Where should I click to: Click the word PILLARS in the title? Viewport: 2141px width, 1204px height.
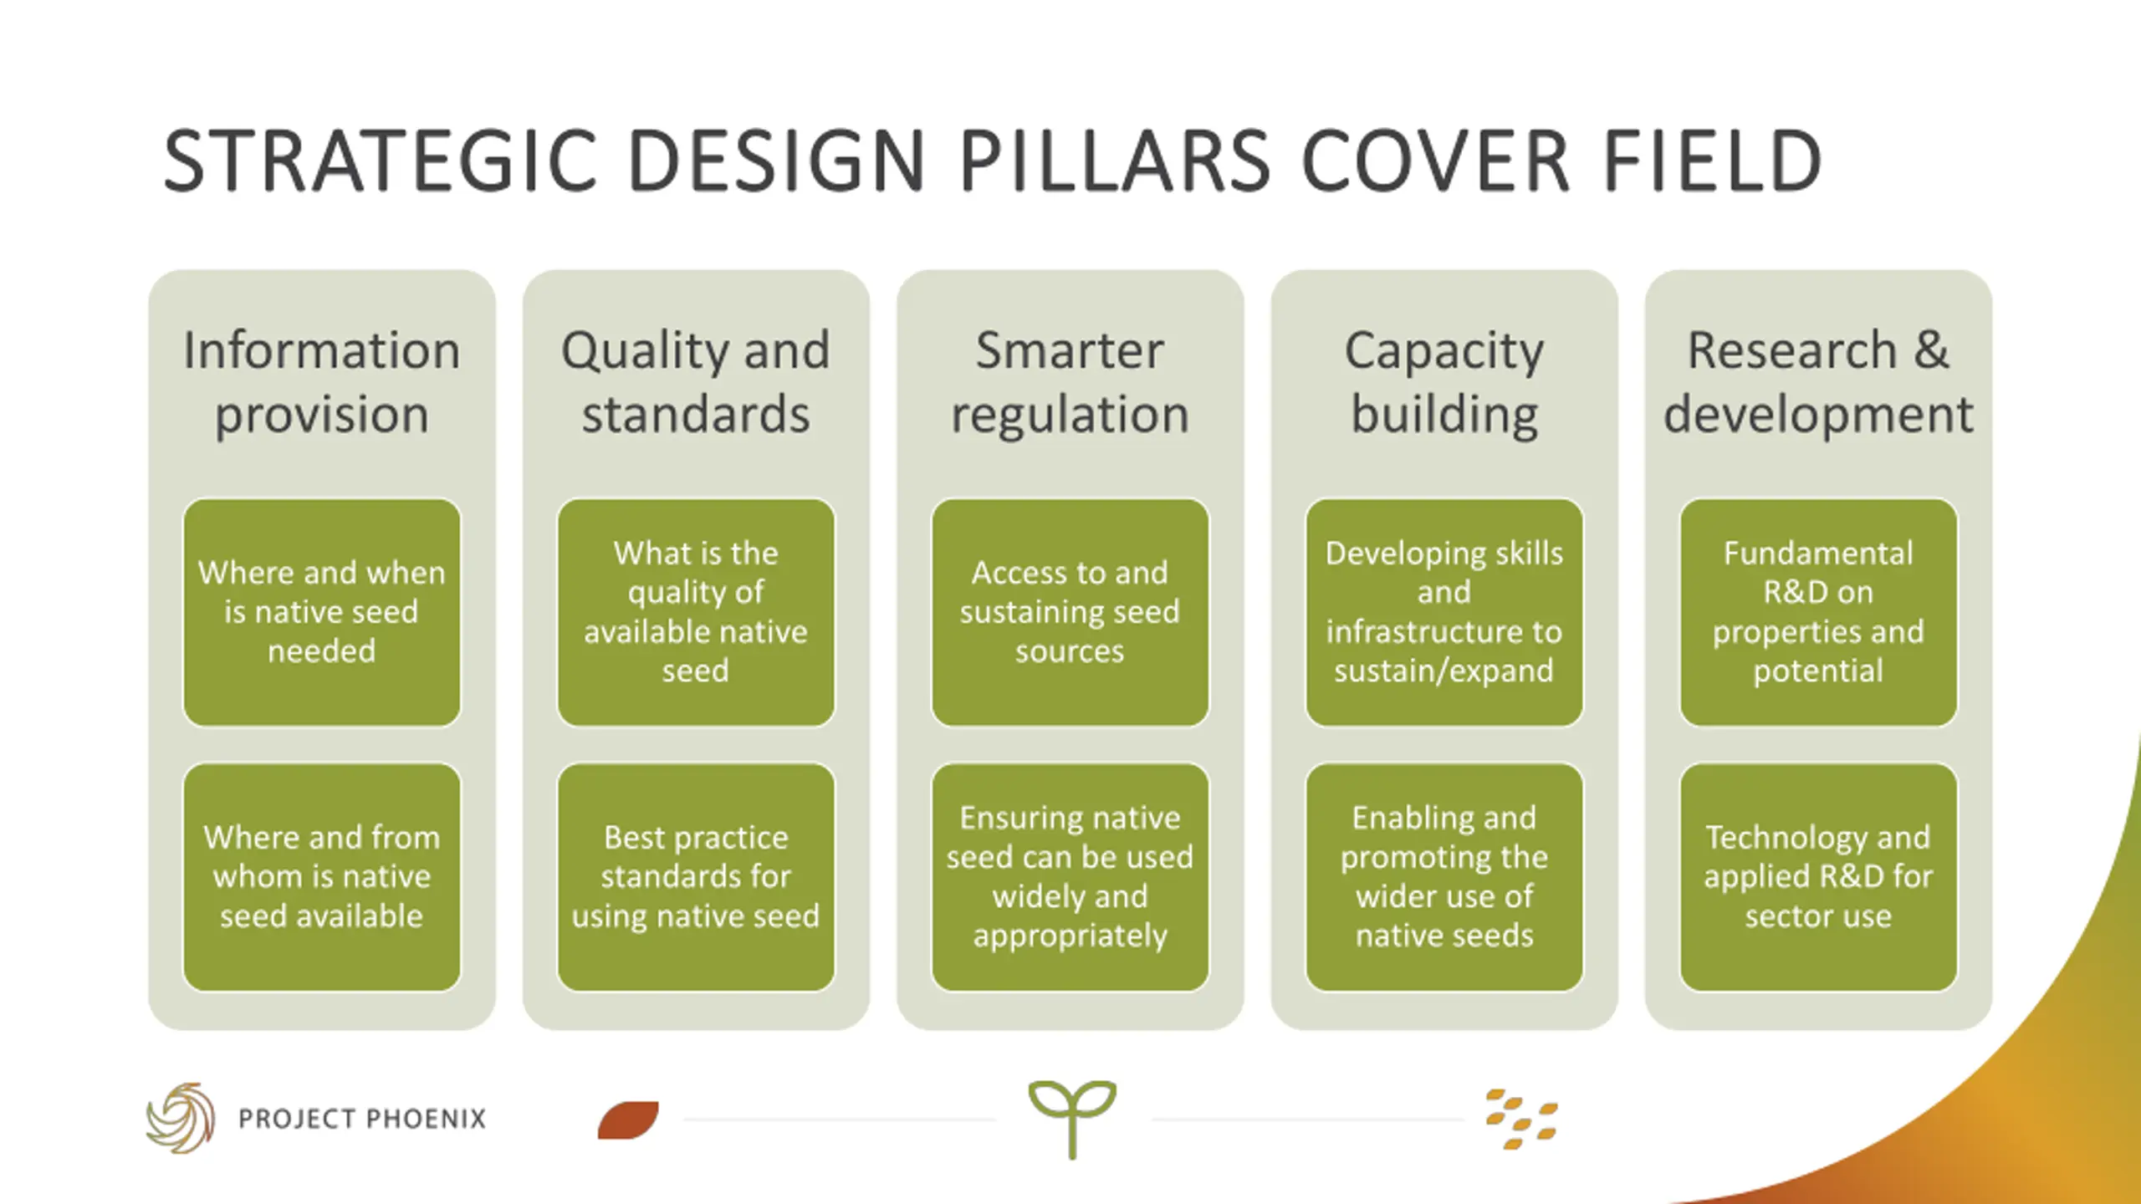point(1115,161)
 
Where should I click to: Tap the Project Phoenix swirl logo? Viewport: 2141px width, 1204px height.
point(181,1118)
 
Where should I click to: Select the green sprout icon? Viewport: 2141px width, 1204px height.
point(1072,1116)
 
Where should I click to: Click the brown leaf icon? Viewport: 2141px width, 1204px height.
point(628,1120)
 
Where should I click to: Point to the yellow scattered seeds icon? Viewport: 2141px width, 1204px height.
point(1521,1120)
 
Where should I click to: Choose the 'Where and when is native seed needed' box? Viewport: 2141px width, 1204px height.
point(322,612)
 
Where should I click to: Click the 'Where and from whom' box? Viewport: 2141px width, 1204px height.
point(322,876)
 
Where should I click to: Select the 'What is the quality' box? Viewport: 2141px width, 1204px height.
point(696,612)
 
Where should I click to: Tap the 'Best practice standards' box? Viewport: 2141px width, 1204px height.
point(696,876)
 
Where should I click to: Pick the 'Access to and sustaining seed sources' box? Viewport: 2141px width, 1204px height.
point(1070,612)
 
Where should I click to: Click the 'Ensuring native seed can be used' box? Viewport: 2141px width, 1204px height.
point(1070,876)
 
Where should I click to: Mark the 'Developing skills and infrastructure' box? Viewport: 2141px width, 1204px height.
point(1444,612)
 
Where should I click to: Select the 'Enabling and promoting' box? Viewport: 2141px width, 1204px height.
point(1444,876)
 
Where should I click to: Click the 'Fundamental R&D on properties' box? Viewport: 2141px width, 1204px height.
point(1818,612)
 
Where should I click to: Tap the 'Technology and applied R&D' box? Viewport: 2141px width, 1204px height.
point(1818,876)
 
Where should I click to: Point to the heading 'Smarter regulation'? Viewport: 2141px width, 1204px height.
point(1070,381)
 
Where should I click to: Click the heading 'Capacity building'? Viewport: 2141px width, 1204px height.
point(1444,381)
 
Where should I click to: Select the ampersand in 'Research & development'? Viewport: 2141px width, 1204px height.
point(1931,349)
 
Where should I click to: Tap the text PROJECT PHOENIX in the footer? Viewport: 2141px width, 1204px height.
point(362,1119)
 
